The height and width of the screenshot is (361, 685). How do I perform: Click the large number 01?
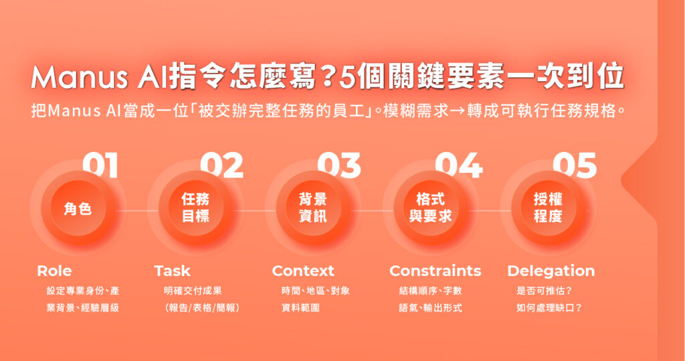(x=100, y=165)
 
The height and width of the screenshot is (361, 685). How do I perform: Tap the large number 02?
(x=221, y=165)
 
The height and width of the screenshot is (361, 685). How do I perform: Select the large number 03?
(x=338, y=165)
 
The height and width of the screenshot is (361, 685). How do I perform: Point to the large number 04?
(x=458, y=165)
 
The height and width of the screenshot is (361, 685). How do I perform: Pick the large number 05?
(x=574, y=165)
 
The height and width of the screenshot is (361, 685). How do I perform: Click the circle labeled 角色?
(x=78, y=208)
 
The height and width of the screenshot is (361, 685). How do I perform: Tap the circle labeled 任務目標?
(x=195, y=208)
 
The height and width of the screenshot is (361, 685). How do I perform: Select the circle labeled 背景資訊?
(x=313, y=208)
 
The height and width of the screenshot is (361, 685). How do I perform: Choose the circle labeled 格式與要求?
(x=431, y=208)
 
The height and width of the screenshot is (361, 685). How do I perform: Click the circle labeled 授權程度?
(x=548, y=208)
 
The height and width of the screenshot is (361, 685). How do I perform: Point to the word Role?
(x=54, y=271)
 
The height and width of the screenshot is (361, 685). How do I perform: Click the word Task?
(x=172, y=271)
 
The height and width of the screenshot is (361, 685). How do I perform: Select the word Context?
(x=303, y=271)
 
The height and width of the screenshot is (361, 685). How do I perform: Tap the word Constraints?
(x=435, y=271)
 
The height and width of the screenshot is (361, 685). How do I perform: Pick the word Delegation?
(x=551, y=271)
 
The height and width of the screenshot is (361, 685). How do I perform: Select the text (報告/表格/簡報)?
(x=202, y=308)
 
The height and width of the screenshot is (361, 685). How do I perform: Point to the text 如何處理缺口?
(x=549, y=308)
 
